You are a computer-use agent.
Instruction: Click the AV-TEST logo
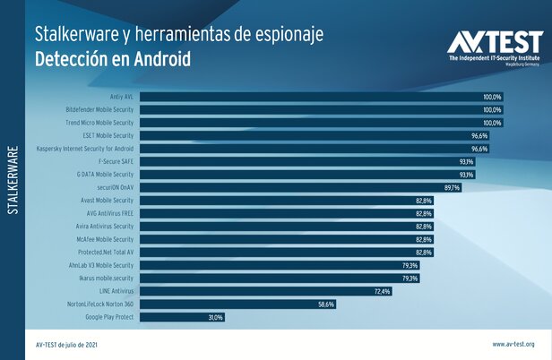point(495,47)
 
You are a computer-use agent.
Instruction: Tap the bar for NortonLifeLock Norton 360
point(237,304)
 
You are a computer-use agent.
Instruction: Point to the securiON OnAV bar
point(299,187)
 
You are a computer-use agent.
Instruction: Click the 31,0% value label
point(215,317)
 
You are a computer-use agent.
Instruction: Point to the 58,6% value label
point(325,304)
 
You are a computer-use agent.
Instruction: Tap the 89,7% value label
point(450,187)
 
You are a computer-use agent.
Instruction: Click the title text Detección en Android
point(113,59)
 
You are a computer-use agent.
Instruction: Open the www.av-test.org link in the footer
point(513,344)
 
